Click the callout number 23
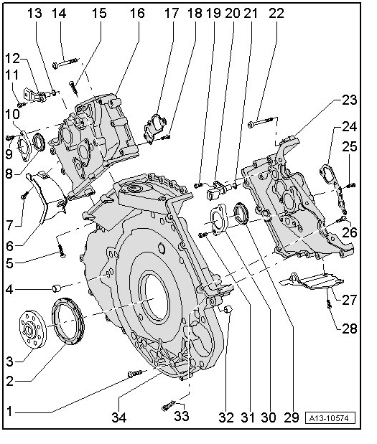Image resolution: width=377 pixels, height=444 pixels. (x=349, y=100)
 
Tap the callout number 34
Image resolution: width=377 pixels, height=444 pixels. (x=119, y=417)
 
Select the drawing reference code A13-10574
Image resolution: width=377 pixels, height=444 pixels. (x=330, y=418)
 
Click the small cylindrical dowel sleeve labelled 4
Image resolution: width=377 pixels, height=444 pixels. (x=57, y=288)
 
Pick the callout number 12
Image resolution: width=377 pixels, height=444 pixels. (x=12, y=59)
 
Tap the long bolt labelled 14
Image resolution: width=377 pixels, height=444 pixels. (x=65, y=63)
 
